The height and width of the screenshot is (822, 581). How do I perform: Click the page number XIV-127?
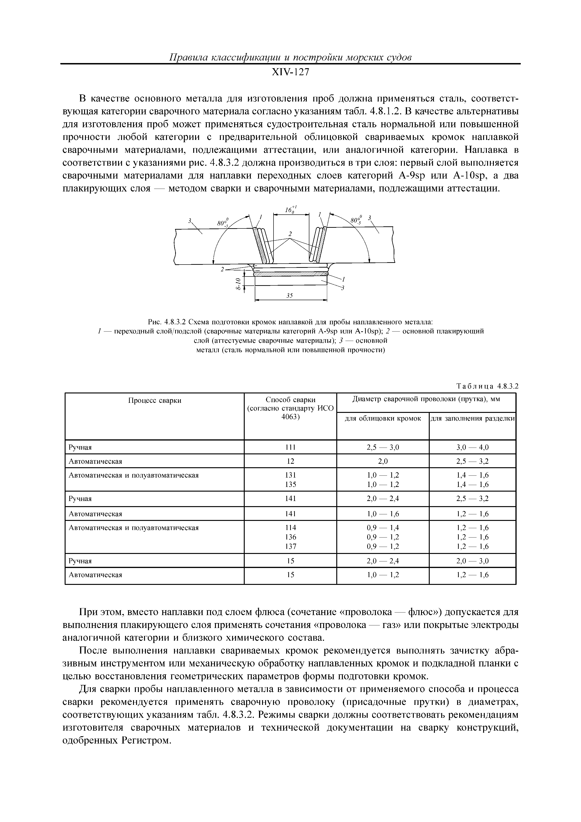[x=290, y=73]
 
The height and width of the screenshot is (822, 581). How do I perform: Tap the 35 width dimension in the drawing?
[x=290, y=296]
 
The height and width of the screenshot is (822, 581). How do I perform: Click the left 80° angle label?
[x=223, y=222]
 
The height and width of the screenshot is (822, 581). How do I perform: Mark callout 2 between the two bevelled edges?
[x=290, y=234]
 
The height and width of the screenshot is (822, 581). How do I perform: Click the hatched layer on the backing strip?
[x=290, y=274]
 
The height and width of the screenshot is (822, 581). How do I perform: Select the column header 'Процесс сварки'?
[x=155, y=401]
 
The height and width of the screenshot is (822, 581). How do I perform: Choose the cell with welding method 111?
[x=290, y=447]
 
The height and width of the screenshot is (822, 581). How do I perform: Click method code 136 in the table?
[x=290, y=537]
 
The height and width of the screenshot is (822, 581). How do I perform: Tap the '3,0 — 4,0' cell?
[x=472, y=447]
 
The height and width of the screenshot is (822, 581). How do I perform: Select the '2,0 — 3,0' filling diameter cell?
[x=472, y=561]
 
